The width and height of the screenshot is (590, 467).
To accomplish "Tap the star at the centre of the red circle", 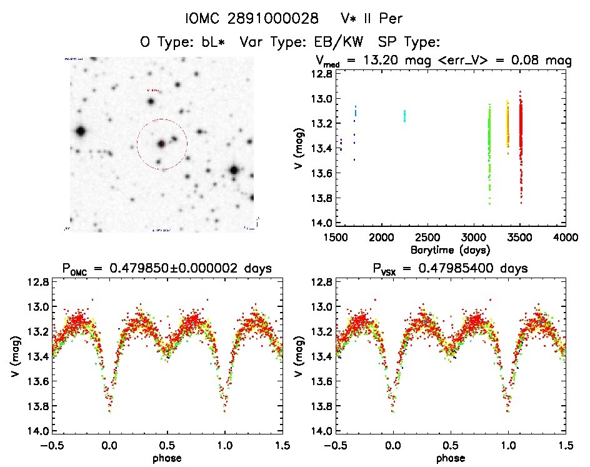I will [161, 144].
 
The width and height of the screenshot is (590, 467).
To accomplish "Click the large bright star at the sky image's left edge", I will [80, 131].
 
